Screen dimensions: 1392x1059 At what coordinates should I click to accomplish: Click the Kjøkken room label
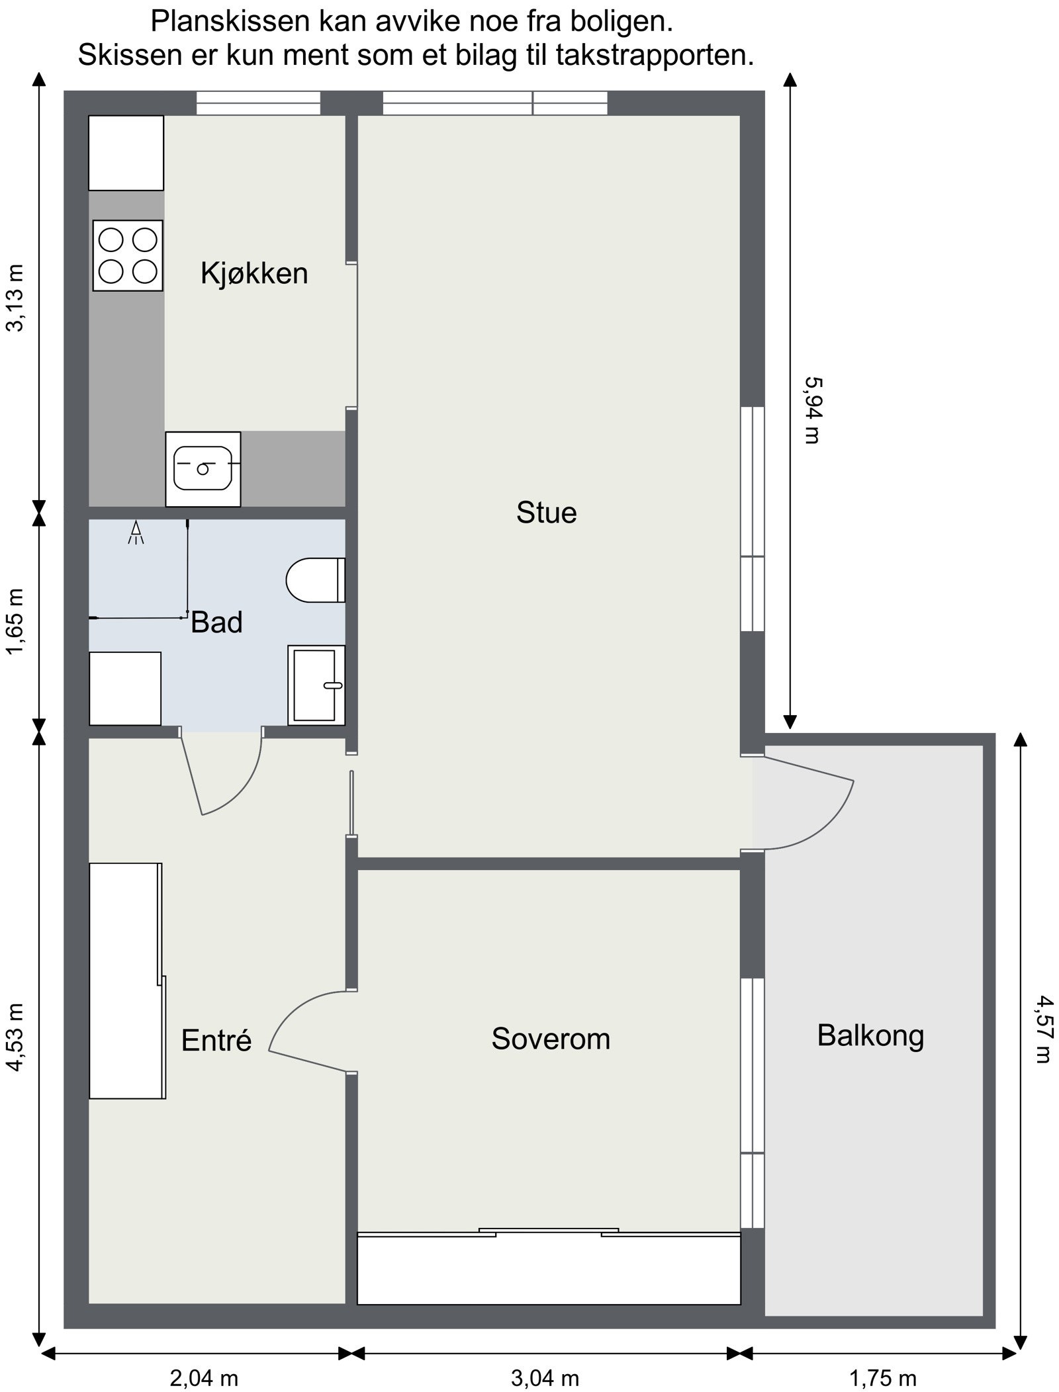[254, 273]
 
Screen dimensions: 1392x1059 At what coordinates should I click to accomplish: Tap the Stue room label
[546, 513]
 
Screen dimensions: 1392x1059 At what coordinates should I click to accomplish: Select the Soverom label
[550, 1038]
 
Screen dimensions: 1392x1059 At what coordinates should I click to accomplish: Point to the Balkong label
[870, 1035]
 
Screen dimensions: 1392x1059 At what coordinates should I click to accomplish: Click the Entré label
[216, 1040]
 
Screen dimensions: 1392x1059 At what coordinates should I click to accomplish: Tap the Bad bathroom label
[216, 623]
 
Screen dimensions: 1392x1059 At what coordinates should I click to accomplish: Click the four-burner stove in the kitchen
[128, 255]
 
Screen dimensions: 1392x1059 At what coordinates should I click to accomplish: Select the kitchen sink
[203, 468]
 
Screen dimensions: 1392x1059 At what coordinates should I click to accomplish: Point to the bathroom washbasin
[316, 685]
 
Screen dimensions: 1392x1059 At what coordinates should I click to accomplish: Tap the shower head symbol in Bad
[136, 533]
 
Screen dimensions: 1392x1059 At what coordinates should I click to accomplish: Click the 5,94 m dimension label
[812, 410]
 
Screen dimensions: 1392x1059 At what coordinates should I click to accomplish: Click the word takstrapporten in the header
[655, 56]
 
